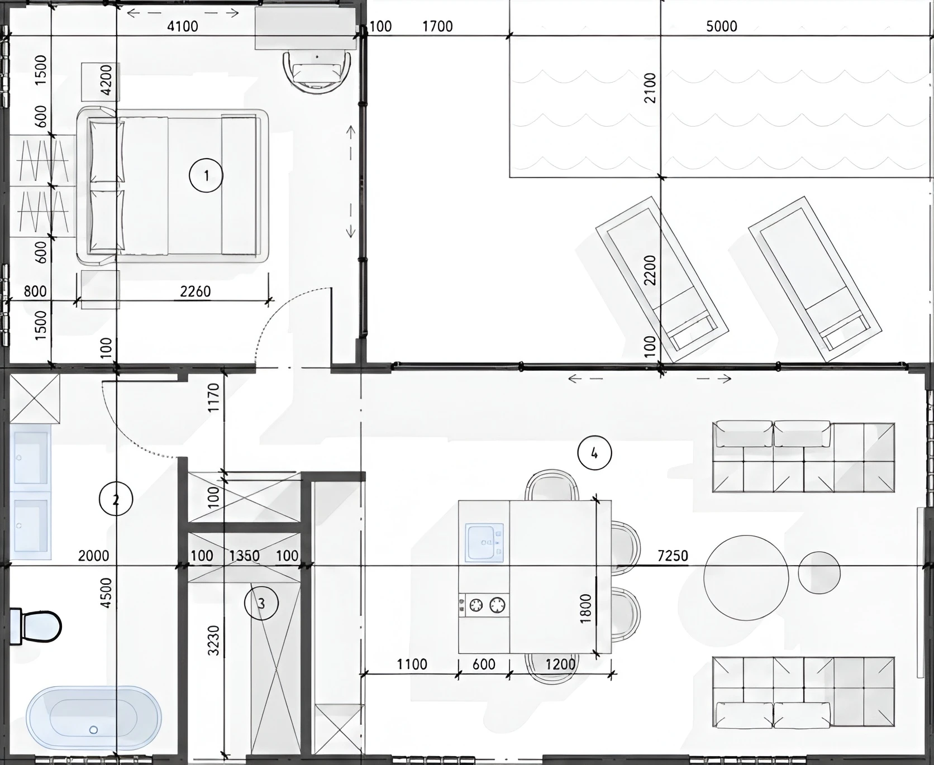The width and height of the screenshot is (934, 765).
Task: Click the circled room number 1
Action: coord(206,175)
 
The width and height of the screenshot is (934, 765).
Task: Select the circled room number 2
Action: coord(116,499)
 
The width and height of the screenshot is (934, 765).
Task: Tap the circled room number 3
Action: coord(261,603)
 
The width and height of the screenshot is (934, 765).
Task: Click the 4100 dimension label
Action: coord(183,26)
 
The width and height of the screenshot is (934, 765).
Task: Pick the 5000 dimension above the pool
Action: coord(722,26)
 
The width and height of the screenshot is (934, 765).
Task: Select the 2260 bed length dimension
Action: coord(195,291)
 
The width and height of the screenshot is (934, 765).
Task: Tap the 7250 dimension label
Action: coord(673,556)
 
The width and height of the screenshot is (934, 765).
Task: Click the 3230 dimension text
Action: coord(213,640)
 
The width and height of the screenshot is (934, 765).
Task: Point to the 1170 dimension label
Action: coord(213,398)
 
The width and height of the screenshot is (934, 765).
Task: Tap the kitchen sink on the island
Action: coord(484,542)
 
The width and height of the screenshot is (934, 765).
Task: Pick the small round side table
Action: coord(819,572)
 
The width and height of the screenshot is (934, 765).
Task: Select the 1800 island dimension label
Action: coord(585,609)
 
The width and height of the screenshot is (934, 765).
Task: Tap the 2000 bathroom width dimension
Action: coord(93,556)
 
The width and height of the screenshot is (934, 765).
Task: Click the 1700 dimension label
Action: coord(437,26)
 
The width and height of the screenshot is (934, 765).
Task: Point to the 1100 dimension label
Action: coord(412,664)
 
